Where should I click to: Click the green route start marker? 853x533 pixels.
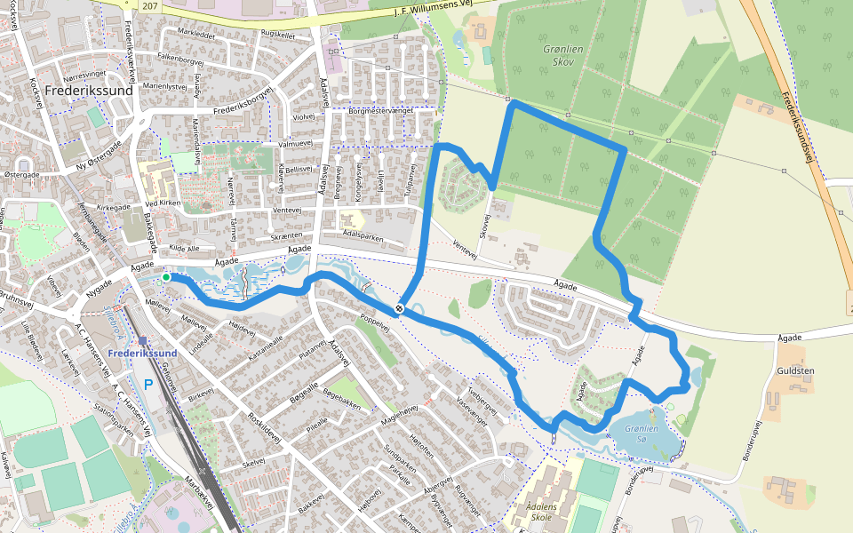(166, 278)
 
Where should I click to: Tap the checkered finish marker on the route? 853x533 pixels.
(401, 309)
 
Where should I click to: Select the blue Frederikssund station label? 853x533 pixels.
(142, 354)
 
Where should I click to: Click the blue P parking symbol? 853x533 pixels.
(148, 386)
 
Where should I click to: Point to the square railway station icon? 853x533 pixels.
(142, 339)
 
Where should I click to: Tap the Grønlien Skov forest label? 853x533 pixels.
(562, 56)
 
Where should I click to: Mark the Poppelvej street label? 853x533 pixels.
(375, 321)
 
